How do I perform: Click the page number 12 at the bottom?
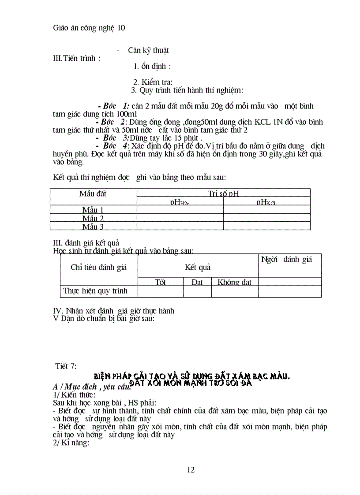pos(191,469)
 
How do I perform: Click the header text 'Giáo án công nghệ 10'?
pos(89,28)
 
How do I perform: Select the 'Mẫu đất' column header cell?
pos(93,194)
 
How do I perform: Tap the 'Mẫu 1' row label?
pos(93,210)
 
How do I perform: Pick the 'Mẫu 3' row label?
pos(93,227)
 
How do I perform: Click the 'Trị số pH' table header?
pos(223,194)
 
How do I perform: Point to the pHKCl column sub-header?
pos(266,202)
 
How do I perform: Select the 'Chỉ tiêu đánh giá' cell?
pos(98,267)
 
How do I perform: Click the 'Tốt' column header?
pos(161,282)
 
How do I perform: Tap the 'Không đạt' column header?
pos(234,282)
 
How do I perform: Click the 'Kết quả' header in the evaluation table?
pos(198,267)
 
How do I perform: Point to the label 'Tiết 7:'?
pos(66,366)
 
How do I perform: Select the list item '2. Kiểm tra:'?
pos(153,82)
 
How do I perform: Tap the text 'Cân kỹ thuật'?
pos(148,50)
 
